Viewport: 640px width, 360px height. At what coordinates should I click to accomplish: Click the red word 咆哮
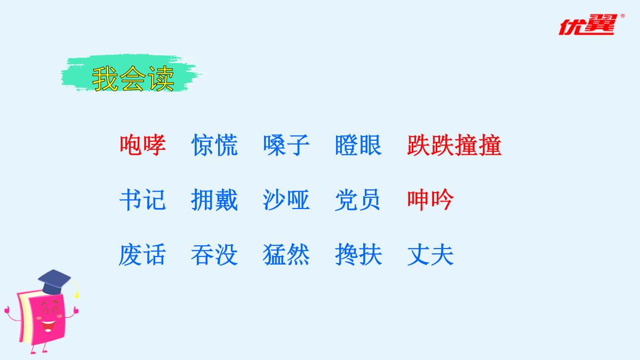pyautogui.click(x=143, y=145)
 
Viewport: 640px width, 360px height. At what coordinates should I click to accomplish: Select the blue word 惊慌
pyautogui.click(x=214, y=145)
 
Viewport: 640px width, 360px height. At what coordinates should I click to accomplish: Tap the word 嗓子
pyautogui.click(x=286, y=145)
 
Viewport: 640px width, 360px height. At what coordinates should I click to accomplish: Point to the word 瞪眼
pyautogui.click(x=358, y=145)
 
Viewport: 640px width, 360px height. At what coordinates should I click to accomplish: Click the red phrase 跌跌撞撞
pyautogui.click(x=454, y=145)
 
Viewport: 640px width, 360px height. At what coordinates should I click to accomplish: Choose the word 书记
pyautogui.click(x=142, y=199)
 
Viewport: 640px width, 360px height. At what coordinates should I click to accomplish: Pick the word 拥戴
pyautogui.click(x=214, y=199)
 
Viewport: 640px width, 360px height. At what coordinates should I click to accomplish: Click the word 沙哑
pyautogui.click(x=286, y=199)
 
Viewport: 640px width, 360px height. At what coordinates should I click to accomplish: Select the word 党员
pyautogui.click(x=358, y=199)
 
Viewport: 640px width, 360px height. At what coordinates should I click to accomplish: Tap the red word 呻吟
pyautogui.click(x=430, y=199)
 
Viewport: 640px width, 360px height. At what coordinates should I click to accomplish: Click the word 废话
pyautogui.click(x=142, y=254)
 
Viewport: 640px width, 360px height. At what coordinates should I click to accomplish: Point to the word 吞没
pyautogui.click(x=214, y=254)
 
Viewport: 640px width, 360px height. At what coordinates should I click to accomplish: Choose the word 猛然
pyautogui.click(x=286, y=254)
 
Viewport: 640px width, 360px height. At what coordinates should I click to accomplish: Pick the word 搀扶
pyautogui.click(x=358, y=254)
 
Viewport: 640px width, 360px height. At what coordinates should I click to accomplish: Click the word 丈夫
pyautogui.click(x=430, y=254)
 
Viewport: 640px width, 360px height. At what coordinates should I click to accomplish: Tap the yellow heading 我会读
pyautogui.click(x=133, y=78)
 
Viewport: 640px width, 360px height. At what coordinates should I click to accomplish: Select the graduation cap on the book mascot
pyautogui.click(x=54, y=282)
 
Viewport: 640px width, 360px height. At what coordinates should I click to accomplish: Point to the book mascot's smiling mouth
pyautogui.click(x=48, y=326)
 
